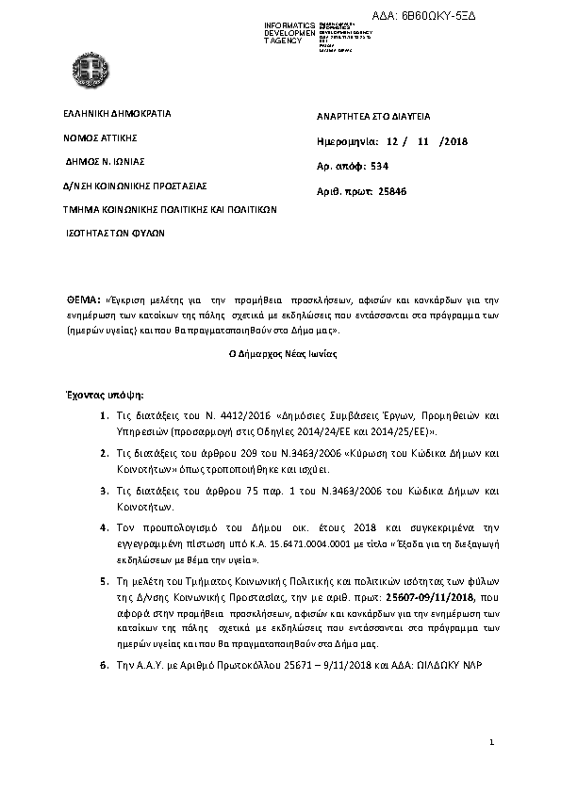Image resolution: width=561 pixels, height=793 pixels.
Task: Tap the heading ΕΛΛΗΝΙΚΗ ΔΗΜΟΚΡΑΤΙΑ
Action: click(x=117, y=113)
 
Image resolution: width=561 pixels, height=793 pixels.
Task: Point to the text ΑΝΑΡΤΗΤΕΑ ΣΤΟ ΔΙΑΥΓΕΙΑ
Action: click(x=374, y=117)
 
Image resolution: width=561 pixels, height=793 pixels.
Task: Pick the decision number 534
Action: click(x=380, y=166)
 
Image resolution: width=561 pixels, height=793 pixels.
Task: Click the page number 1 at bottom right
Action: click(x=492, y=744)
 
